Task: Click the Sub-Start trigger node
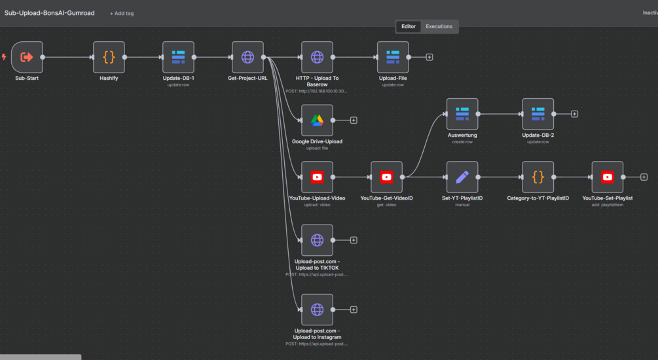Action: click(x=27, y=58)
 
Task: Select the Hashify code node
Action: click(x=109, y=58)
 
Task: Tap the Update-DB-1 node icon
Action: click(x=178, y=58)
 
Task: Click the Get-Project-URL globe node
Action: click(x=247, y=58)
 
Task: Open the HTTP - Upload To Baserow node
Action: click(x=317, y=58)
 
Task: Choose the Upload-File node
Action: click(x=393, y=58)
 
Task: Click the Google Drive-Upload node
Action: click(x=317, y=120)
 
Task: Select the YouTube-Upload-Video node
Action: click(x=317, y=177)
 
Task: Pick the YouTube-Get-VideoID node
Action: click(x=386, y=177)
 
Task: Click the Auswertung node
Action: click(x=462, y=114)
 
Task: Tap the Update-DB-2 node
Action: click(x=538, y=114)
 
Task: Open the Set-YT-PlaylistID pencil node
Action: click(x=462, y=177)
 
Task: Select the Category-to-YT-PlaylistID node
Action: click(x=538, y=177)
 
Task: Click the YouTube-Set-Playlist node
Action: click(x=607, y=177)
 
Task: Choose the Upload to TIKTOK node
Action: click(x=317, y=240)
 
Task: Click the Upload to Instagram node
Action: click(x=317, y=310)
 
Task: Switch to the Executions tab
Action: click(x=439, y=27)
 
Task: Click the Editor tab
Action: click(x=409, y=27)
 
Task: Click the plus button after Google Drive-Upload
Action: click(x=354, y=120)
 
